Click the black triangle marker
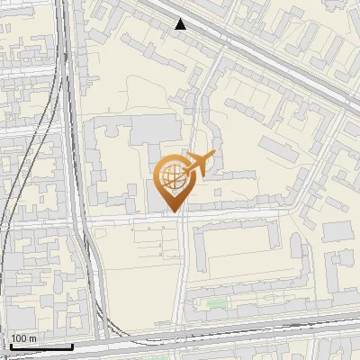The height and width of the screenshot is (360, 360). click(181, 24)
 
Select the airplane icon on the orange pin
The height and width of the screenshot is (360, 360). click(200, 163)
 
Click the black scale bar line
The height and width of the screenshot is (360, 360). click(40, 346)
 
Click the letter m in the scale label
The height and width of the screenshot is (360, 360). click(33, 338)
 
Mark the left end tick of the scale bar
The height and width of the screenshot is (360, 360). click(9, 345)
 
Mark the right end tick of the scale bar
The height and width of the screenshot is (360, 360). click(72, 345)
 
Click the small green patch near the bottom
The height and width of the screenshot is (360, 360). click(216, 302)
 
